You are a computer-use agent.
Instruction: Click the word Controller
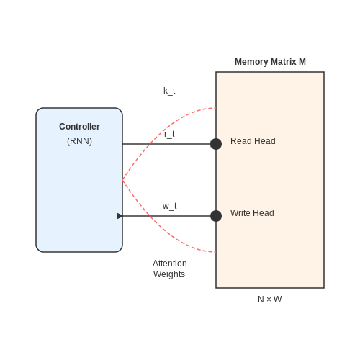[79, 127]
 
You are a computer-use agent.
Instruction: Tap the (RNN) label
[79, 141]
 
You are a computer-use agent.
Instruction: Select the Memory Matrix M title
[270, 62]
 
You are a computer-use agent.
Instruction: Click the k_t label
[169, 91]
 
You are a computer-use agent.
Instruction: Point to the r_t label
[169, 134]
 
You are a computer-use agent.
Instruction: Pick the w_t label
[169, 206]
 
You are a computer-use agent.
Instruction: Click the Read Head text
[253, 141]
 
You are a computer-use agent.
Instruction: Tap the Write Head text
[252, 213]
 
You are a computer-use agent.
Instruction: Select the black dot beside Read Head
[216, 144]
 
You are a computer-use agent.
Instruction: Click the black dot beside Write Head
[216, 216]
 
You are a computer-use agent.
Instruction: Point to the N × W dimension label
[270, 300]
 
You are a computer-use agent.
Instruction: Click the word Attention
[170, 264]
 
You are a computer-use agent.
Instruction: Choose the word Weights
[169, 274]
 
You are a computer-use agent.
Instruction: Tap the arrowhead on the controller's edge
[120, 216]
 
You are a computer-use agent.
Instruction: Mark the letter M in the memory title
[302, 62]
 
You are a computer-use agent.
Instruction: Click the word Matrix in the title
[284, 62]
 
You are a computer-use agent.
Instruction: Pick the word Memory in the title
[251, 62]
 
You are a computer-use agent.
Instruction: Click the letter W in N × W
[278, 300]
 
